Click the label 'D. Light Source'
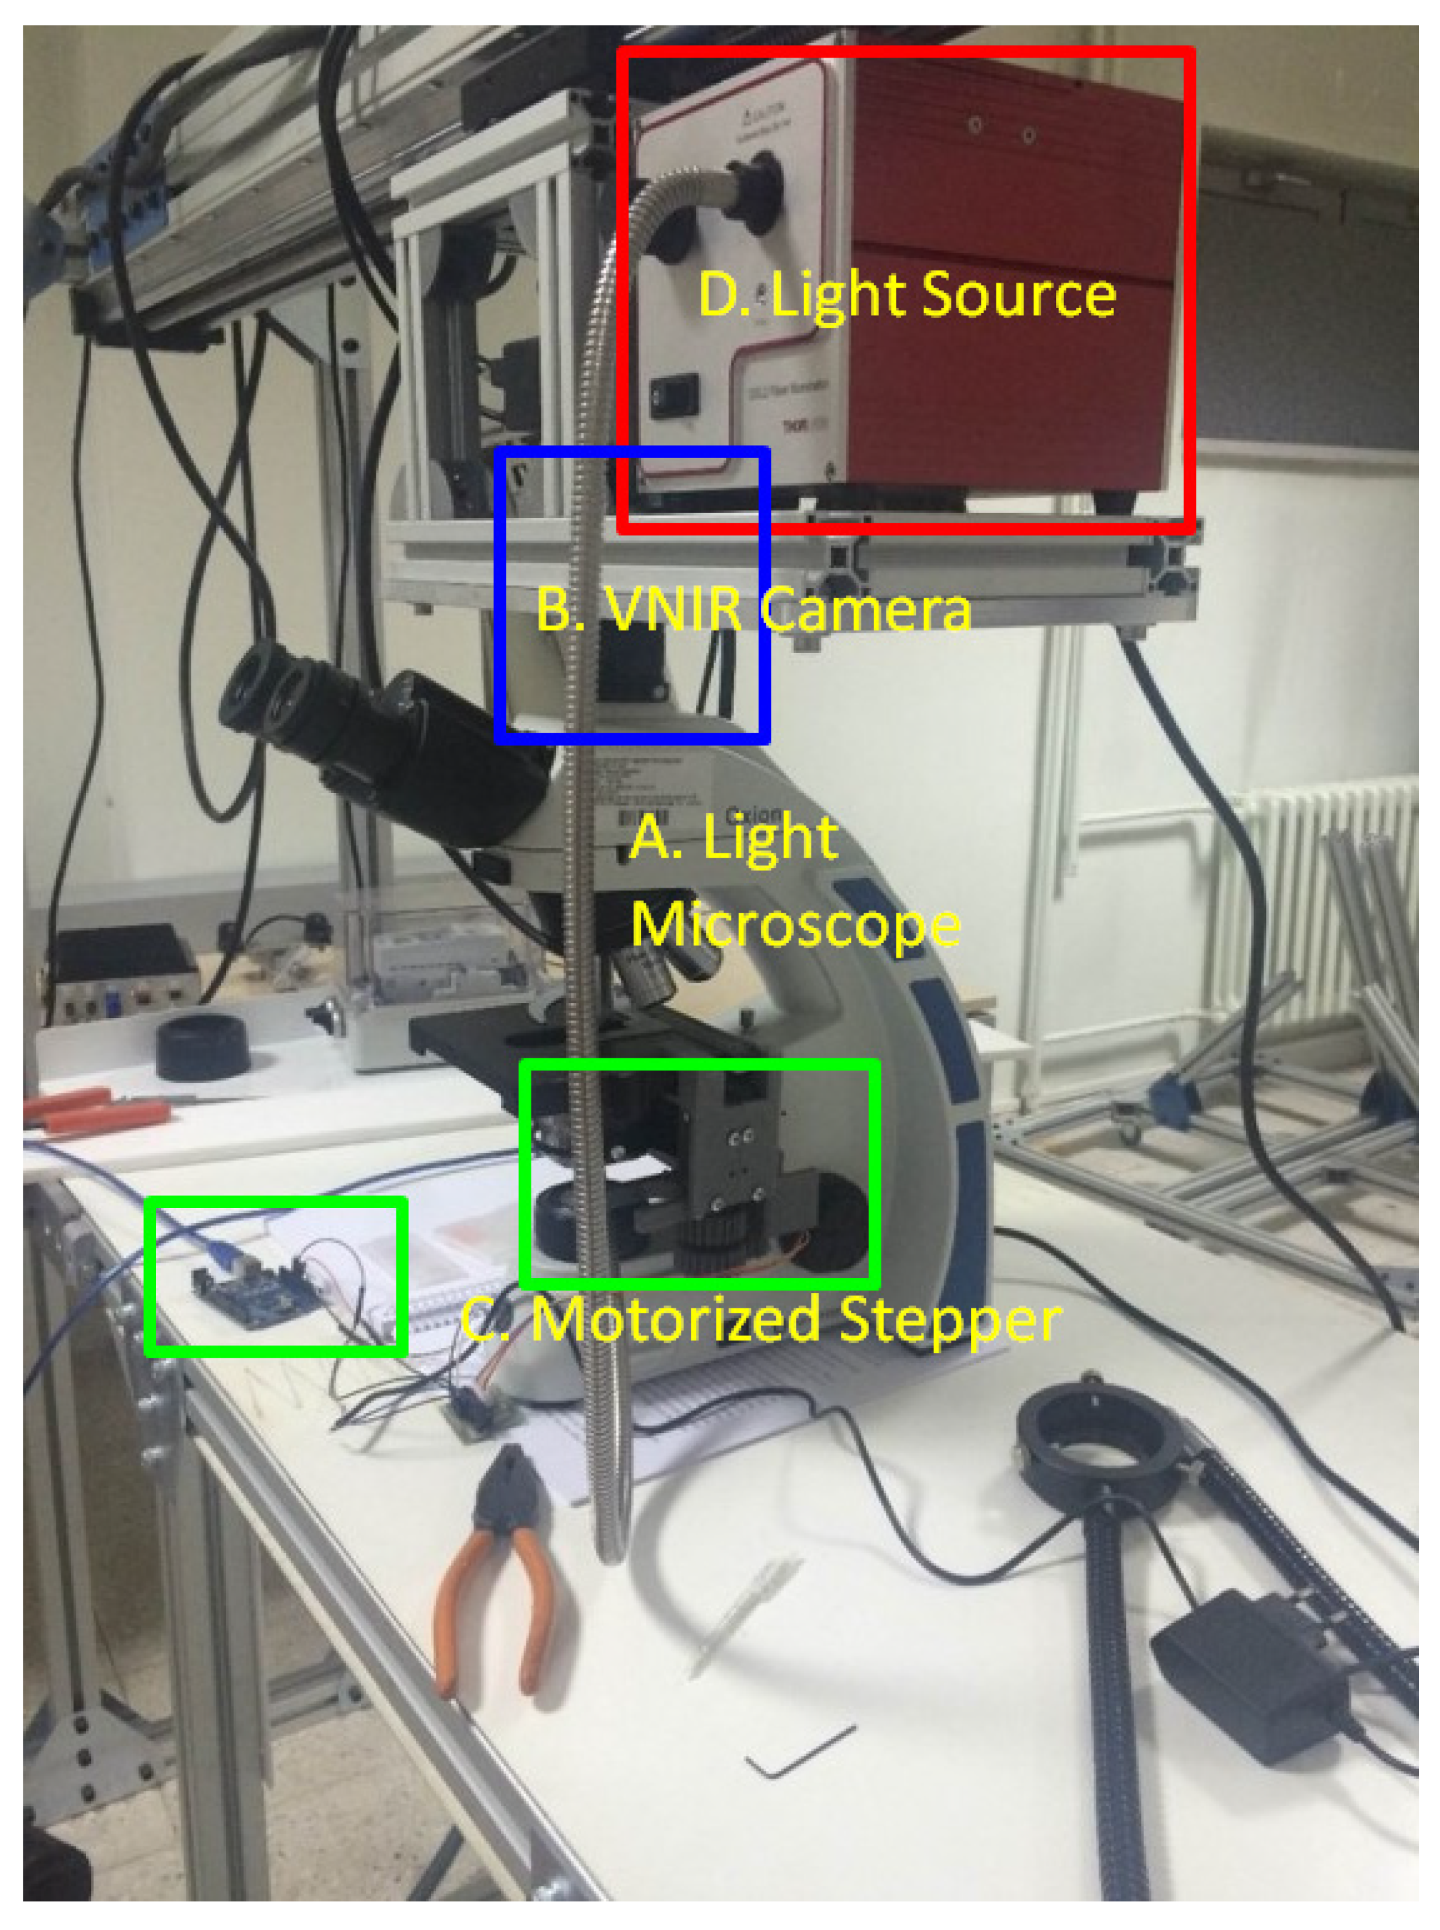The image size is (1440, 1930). pos(907,295)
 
